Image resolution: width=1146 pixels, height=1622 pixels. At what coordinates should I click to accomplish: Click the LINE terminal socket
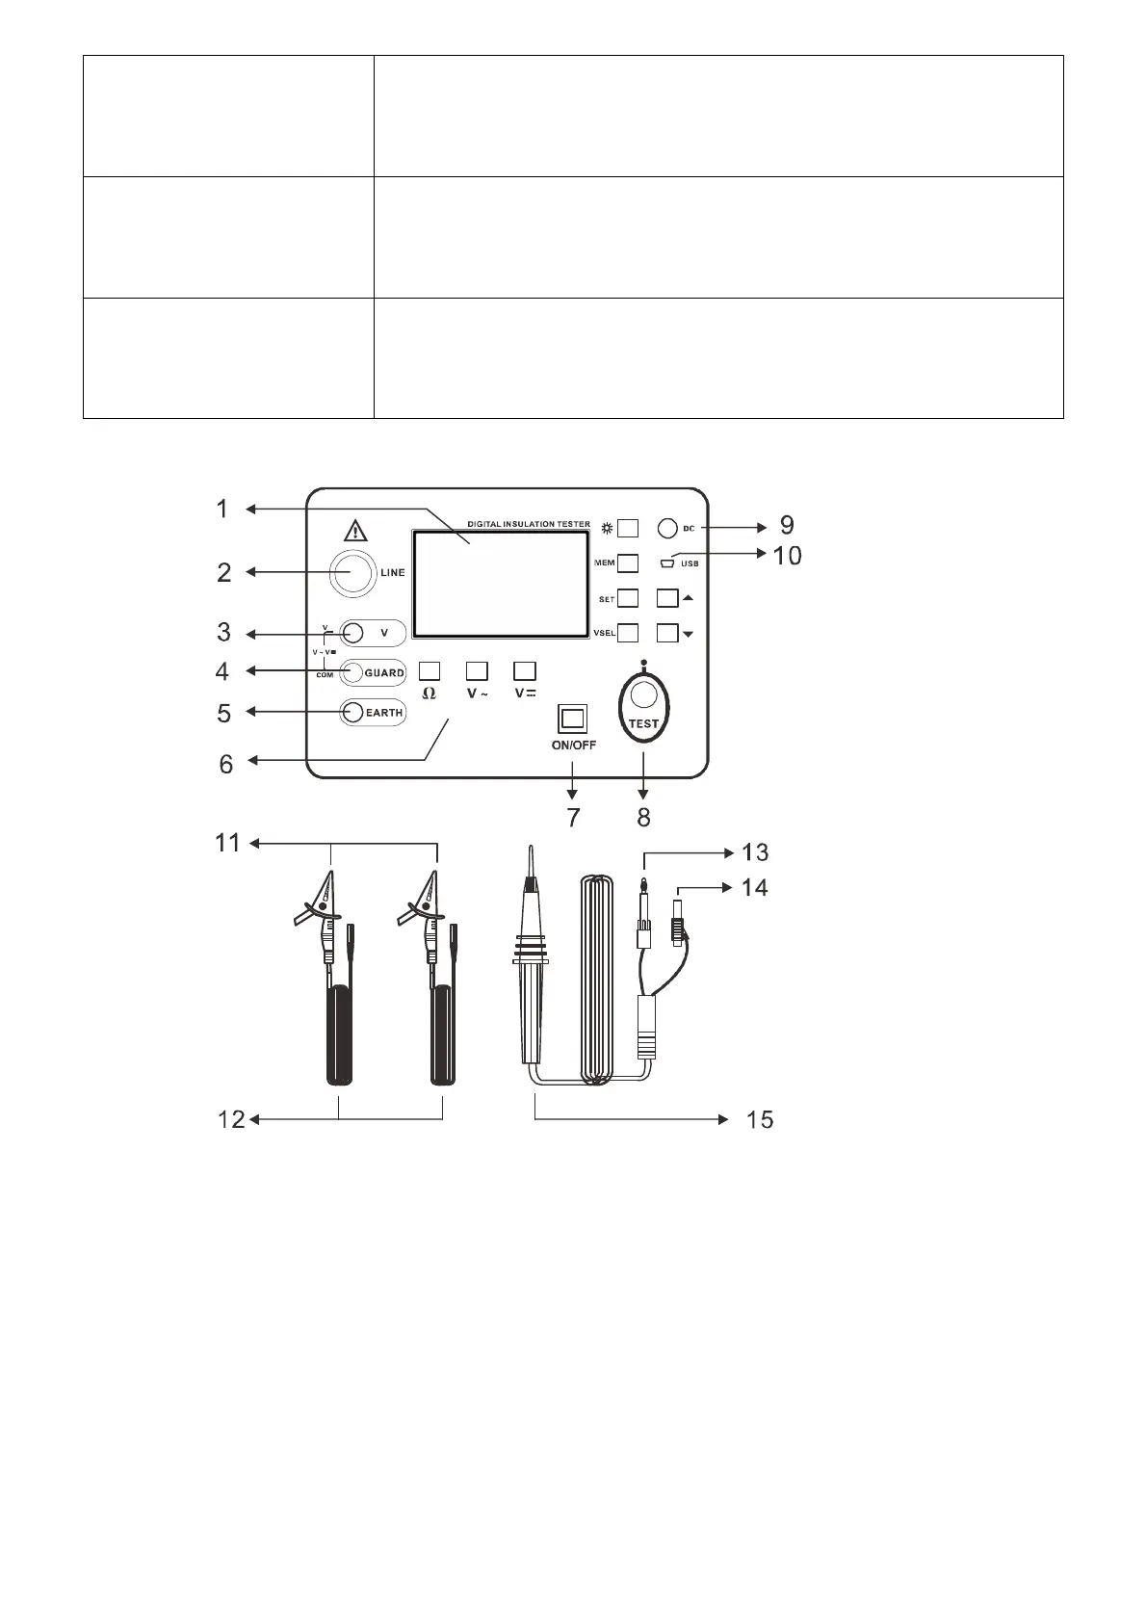coord(352,572)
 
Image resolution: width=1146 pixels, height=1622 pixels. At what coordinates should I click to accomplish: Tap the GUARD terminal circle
coord(353,672)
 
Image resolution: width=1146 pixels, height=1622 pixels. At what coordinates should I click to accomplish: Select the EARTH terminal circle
coord(353,712)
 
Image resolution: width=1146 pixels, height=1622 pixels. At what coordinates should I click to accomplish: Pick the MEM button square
coord(628,562)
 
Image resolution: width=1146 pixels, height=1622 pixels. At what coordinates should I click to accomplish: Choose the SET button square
coord(628,598)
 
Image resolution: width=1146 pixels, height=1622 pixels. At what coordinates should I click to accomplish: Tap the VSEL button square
coord(628,633)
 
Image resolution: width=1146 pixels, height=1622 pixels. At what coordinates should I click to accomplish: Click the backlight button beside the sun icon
coord(628,528)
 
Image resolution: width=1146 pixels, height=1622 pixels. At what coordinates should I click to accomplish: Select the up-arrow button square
coord(667,598)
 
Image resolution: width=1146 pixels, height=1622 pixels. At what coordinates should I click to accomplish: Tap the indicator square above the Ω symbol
coord(430,670)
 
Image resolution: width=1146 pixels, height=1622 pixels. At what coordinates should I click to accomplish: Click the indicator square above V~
coord(477,670)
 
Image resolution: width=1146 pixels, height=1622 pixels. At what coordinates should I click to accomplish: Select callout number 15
coord(760,1119)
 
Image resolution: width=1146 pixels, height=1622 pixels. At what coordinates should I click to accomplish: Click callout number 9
coord(787,525)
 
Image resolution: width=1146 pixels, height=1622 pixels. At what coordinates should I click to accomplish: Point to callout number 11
coord(227,844)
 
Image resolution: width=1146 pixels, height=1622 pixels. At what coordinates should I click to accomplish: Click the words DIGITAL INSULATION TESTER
coord(529,524)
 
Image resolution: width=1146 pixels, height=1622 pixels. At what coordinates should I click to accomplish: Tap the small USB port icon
coord(668,563)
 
